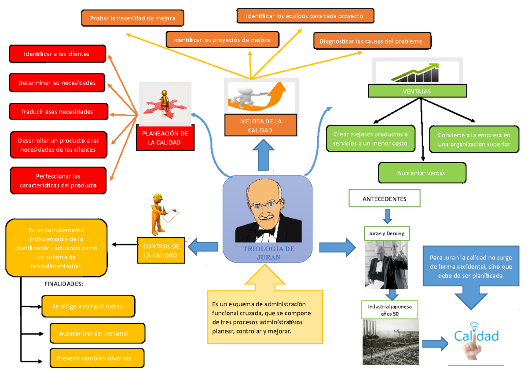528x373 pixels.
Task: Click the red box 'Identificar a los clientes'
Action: [x=57, y=54]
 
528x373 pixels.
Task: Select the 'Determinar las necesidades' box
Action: [x=57, y=83]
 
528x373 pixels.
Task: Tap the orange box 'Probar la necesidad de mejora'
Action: [x=132, y=18]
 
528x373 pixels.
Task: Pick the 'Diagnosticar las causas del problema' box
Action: [x=372, y=41]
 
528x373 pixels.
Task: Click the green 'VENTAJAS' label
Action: [x=417, y=91]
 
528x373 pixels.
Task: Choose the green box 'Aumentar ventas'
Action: [x=421, y=173]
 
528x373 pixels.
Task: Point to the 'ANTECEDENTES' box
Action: [x=385, y=199]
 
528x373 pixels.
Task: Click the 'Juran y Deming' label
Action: [x=387, y=234]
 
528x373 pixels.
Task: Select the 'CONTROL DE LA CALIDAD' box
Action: [x=161, y=251]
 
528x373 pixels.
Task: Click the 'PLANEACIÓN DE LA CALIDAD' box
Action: [x=164, y=138]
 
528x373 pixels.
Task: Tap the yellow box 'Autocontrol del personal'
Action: [x=97, y=333]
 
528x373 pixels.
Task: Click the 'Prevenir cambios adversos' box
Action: [x=97, y=358]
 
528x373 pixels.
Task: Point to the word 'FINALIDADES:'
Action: [x=63, y=284]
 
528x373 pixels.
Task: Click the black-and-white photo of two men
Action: [x=387, y=266]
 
